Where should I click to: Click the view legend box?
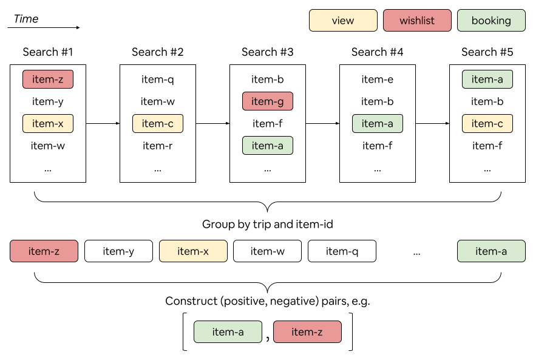click(x=343, y=21)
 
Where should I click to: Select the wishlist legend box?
click(x=417, y=21)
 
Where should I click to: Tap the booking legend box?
click(x=491, y=21)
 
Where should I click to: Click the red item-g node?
click(x=268, y=101)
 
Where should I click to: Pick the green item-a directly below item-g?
click(x=268, y=146)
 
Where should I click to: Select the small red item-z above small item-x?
click(x=48, y=80)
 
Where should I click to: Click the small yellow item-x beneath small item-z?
click(x=48, y=124)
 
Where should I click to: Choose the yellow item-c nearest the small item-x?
click(x=158, y=124)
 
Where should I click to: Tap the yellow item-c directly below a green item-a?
click(x=487, y=124)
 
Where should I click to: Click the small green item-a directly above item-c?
click(x=487, y=80)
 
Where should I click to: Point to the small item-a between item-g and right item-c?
click(x=378, y=124)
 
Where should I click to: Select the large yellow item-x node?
click(x=193, y=251)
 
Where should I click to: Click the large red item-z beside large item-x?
click(x=44, y=251)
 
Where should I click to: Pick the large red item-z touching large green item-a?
click(x=307, y=332)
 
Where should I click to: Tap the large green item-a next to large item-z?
click(x=228, y=332)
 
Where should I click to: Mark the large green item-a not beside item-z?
click(x=491, y=251)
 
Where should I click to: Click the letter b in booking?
click(x=475, y=21)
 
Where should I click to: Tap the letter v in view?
click(x=334, y=21)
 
